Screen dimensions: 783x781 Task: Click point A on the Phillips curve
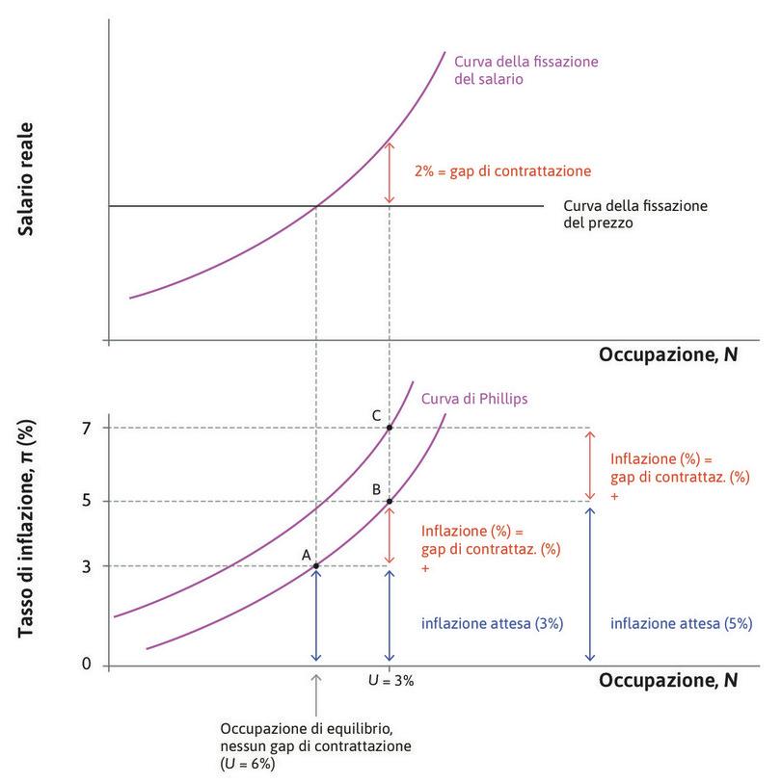[315, 565]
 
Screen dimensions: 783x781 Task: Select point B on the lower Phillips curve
[389, 501]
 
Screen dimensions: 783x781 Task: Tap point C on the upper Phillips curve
[389, 428]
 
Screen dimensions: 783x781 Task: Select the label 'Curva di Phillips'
[472, 399]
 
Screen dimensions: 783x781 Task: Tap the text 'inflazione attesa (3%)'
[492, 623]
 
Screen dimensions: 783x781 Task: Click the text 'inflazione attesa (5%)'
[681, 623]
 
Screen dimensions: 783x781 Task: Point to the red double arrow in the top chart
[389, 172]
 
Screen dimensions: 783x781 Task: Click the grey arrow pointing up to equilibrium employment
[315, 692]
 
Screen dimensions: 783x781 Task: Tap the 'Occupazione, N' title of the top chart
[668, 354]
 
